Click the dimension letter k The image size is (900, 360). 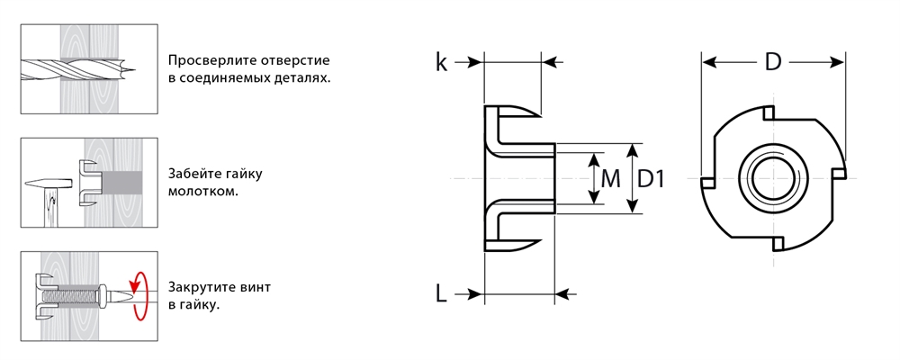[x=441, y=62]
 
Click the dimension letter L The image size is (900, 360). [x=441, y=293]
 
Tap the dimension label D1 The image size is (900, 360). [x=650, y=179]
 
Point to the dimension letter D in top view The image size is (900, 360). [x=772, y=62]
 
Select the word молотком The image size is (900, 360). [x=202, y=192]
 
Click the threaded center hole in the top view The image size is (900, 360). [x=773, y=178]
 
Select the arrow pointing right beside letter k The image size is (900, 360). [x=469, y=62]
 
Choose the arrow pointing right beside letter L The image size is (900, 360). [x=469, y=293]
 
